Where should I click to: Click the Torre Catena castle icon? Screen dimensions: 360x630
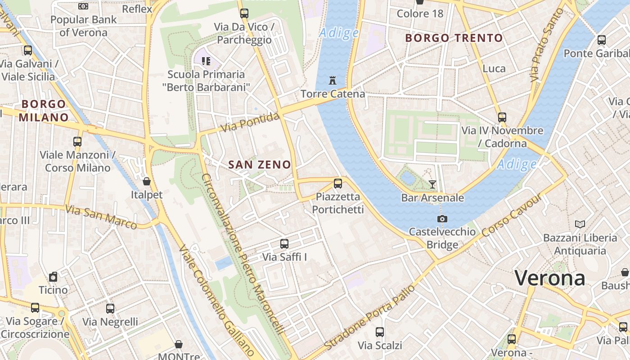[x=333, y=81]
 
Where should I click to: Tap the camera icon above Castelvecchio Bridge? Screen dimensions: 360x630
[x=442, y=219]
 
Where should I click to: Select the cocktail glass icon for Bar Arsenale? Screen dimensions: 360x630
[x=432, y=184]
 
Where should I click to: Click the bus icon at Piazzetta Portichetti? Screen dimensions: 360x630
[x=338, y=184]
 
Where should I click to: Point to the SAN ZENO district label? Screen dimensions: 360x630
[x=260, y=165]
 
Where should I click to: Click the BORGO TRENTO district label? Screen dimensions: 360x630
[x=454, y=38]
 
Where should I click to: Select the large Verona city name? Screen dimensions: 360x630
[x=549, y=278]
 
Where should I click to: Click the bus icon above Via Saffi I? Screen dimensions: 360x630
[x=284, y=244]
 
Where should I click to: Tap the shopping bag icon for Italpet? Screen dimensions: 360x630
[x=147, y=182]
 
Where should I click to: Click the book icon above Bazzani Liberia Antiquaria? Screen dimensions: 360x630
[x=580, y=224]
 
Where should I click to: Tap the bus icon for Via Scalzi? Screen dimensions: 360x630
[x=380, y=332]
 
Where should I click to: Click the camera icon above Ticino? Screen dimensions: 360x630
[x=53, y=276]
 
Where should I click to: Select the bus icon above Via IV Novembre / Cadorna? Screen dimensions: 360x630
[x=502, y=117]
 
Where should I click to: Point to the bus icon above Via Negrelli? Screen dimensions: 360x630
[x=110, y=309]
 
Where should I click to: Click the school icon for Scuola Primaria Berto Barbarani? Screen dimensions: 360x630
[x=206, y=61]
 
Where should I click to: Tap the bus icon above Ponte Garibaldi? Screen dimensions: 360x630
[x=602, y=40]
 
